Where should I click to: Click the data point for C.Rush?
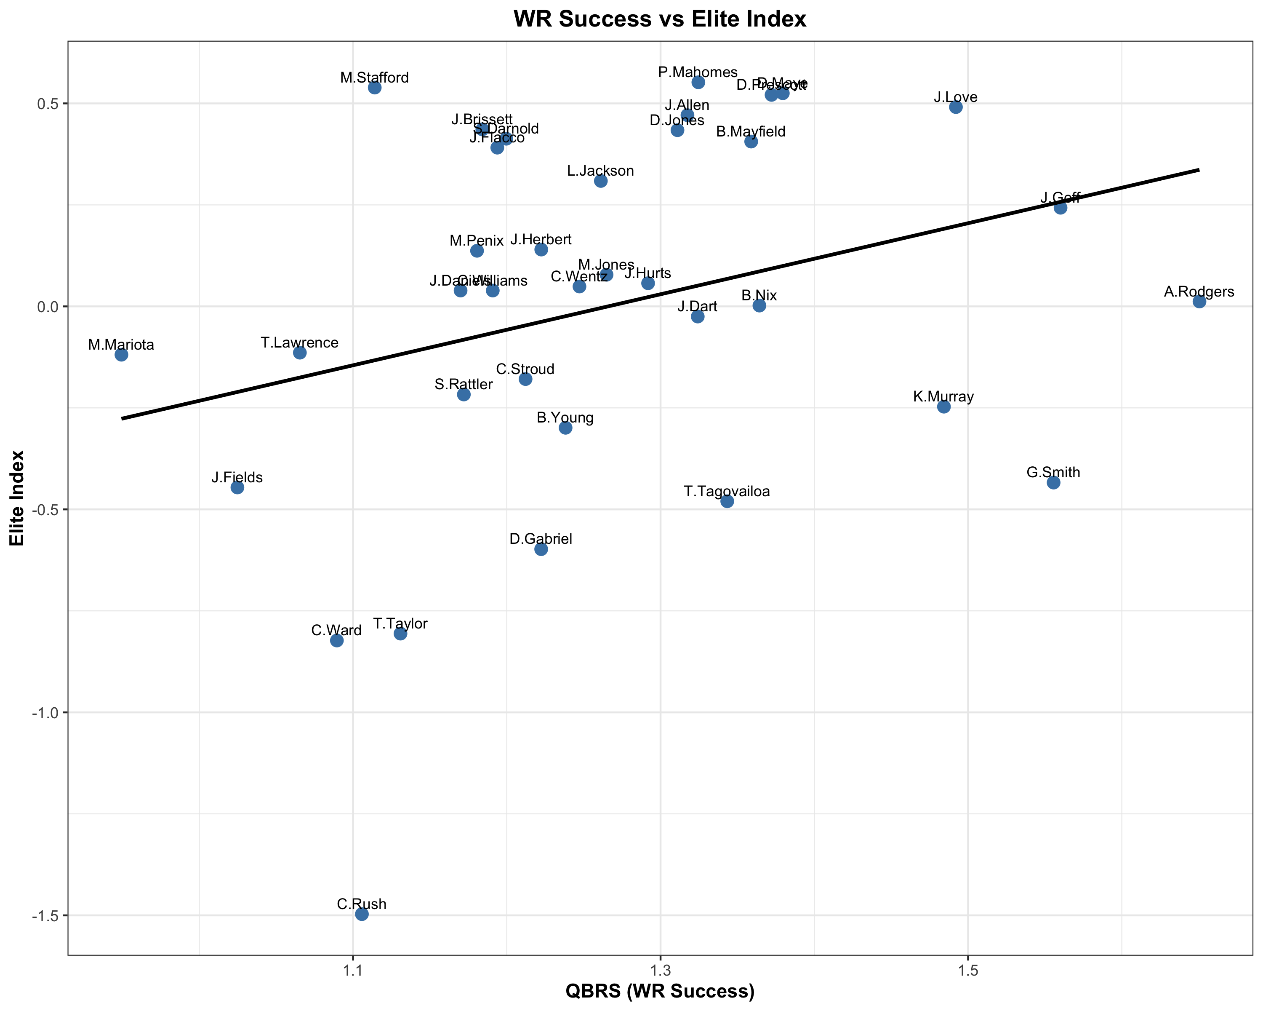click(362, 914)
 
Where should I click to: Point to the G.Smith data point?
click(1053, 482)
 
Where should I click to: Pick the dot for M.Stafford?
click(375, 87)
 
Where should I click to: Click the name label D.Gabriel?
click(541, 539)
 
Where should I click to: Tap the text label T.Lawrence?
click(299, 342)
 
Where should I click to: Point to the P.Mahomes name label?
click(698, 72)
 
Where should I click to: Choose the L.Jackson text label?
click(600, 171)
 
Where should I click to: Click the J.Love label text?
click(955, 97)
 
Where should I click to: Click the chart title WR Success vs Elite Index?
click(660, 19)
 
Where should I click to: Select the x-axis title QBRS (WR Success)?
click(660, 991)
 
